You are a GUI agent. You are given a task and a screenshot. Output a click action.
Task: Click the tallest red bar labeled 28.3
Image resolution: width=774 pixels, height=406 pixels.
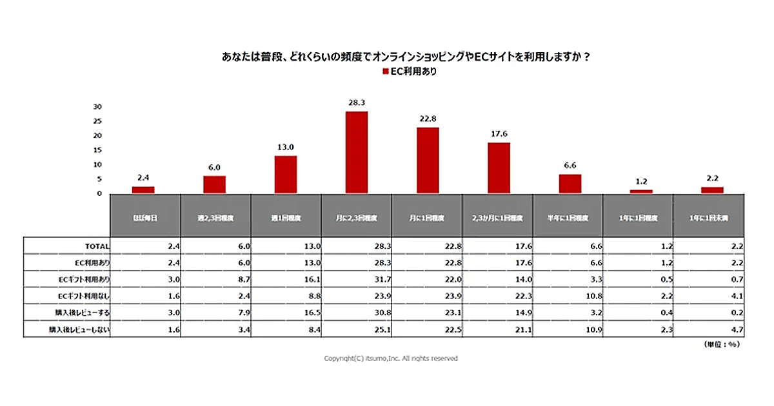pyautogui.click(x=357, y=152)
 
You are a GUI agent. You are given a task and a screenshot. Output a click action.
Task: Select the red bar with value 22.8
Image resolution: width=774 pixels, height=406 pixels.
pyautogui.click(x=428, y=160)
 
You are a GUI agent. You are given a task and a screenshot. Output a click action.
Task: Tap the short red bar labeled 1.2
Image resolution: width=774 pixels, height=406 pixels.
pyautogui.click(x=641, y=191)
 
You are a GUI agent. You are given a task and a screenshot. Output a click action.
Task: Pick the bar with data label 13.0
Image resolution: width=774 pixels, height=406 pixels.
pyautogui.click(x=286, y=175)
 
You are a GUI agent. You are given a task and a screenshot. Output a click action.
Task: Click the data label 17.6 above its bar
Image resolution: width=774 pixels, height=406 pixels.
pyautogui.click(x=499, y=134)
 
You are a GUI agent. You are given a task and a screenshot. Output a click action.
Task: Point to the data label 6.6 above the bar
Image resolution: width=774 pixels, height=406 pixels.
pyautogui.click(x=570, y=166)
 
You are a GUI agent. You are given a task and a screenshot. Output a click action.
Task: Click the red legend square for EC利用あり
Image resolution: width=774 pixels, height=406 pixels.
pyautogui.click(x=385, y=72)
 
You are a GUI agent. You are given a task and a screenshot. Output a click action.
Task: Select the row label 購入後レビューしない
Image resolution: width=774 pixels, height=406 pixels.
pyautogui.click(x=79, y=329)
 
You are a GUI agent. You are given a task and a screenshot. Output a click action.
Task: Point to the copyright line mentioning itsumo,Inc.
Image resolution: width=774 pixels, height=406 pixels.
pyautogui.click(x=390, y=358)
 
